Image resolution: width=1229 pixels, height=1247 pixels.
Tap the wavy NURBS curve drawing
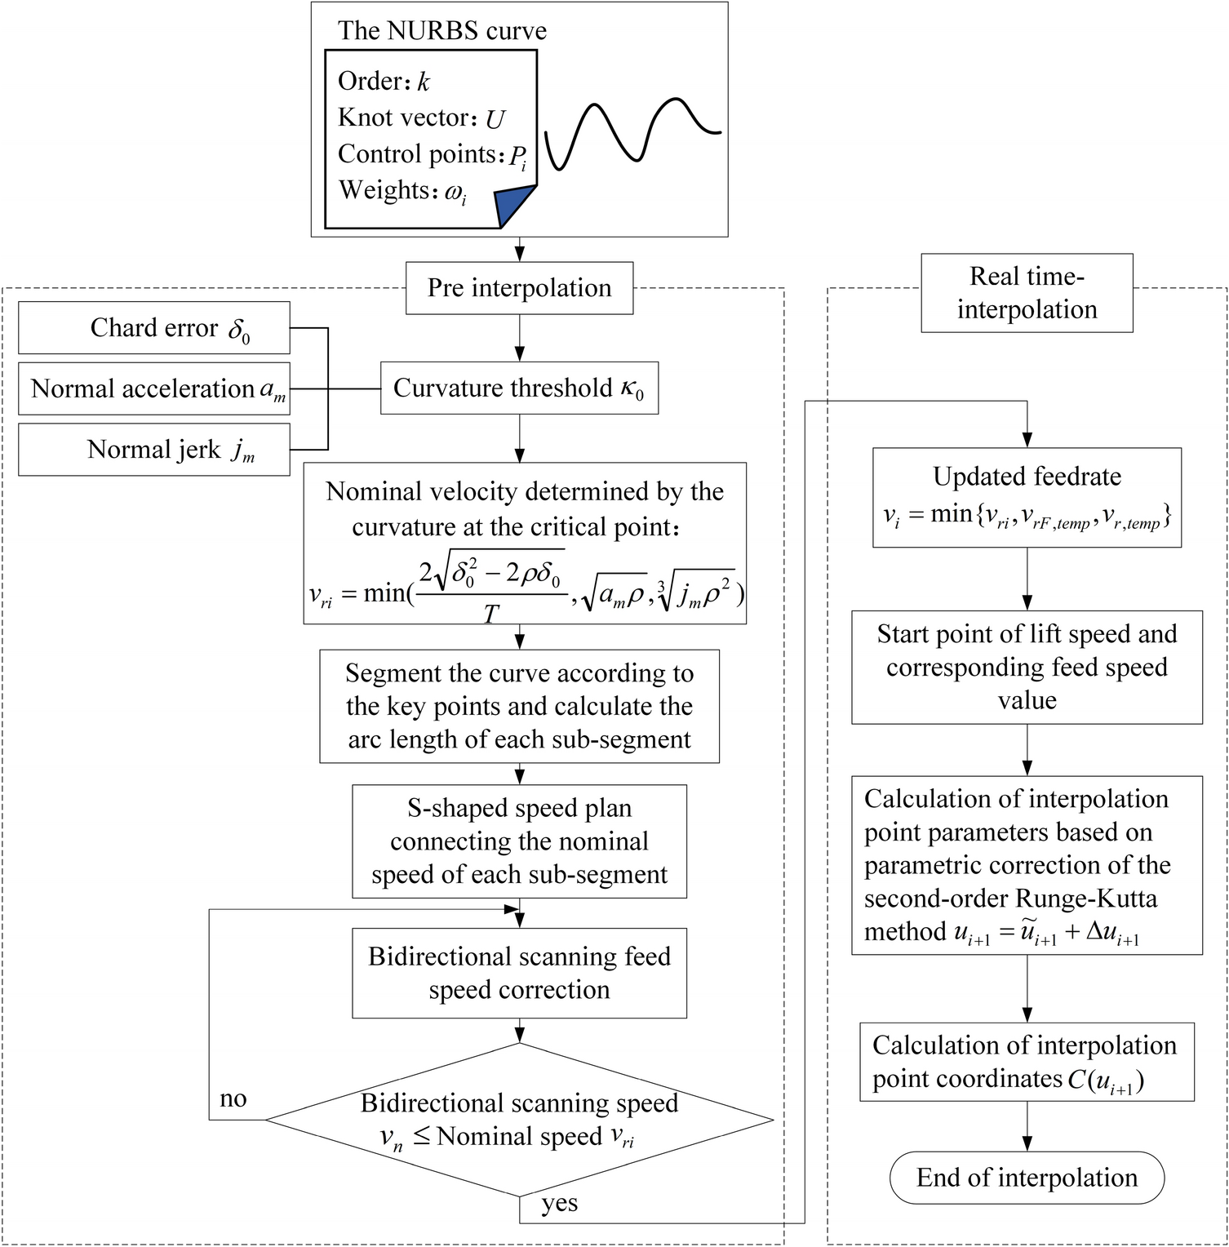click(633, 133)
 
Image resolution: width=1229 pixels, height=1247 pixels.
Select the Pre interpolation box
click(519, 288)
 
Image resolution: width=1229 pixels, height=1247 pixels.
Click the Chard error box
click(154, 328)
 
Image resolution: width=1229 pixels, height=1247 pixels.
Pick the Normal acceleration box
click(154, 388)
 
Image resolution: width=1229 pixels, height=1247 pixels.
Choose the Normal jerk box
click(154, 449)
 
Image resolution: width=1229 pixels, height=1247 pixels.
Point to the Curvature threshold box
click(519, 388)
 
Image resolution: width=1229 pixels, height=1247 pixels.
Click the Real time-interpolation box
click(1027, 293)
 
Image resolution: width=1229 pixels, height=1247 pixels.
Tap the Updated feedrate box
click(1027, 497)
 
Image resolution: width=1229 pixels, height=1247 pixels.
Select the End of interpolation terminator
click(1027, 1178)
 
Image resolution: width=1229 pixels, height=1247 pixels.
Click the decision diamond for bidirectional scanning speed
click(519, 1120)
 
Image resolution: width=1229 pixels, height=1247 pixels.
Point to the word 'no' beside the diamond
click(233, 1098)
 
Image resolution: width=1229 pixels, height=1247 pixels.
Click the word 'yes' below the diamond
click(560, 1204)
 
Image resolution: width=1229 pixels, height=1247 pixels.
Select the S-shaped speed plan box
click(519, 841)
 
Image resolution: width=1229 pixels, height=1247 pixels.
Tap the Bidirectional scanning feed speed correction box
click(519, 973)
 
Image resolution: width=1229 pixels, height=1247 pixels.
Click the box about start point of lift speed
click(1027, 667)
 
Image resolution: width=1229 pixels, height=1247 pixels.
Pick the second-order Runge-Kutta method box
click(1027, 865)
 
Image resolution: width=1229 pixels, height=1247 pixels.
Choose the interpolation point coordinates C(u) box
click(1027, 1062)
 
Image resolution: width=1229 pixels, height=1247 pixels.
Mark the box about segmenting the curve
click(519, 706)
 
